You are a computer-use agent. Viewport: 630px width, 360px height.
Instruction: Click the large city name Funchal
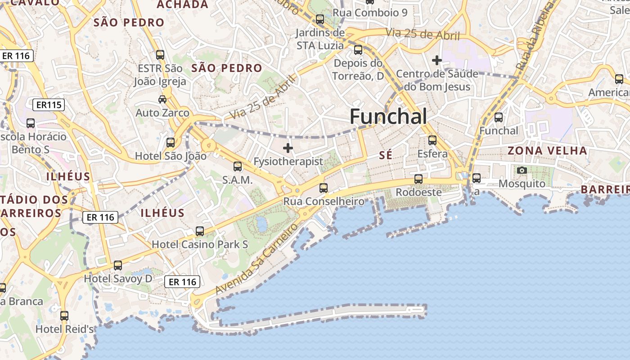tap(388, 117)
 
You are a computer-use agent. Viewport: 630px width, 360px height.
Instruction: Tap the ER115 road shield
tap(49, 105)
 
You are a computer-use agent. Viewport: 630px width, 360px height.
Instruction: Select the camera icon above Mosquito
tap(522, 170)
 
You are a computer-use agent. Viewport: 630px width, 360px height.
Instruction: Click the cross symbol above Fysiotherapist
tap(288, 148)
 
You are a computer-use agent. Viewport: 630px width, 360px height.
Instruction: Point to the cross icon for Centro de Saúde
tap(436, 60)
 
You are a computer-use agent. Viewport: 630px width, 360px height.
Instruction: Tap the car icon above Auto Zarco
tap(162, 99)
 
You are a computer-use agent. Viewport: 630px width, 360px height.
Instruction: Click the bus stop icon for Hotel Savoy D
tap(118, 265)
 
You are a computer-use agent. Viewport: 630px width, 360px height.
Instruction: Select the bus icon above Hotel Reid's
tap(64, 315)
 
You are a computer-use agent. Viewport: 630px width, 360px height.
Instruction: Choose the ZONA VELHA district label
tap(547, 151)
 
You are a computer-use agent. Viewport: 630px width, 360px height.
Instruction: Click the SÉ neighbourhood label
tap(386, 155)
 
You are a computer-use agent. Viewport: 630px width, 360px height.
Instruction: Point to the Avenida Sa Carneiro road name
tap(257, 259)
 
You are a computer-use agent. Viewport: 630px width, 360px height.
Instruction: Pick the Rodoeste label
tap(418, 192)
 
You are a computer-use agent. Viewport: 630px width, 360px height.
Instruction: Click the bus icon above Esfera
tap(432, 140)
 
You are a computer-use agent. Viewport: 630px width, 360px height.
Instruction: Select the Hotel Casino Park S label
tap(200, 244)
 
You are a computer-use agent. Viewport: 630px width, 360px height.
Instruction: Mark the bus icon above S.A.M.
tap(238, 166)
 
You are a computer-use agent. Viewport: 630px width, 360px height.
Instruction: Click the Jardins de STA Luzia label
tap(320, 39)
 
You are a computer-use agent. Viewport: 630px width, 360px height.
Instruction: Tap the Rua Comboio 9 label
tap(370, 13)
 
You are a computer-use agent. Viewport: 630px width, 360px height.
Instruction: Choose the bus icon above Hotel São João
tap(171, 143)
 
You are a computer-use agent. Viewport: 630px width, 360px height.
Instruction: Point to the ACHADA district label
tap(182, 4)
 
